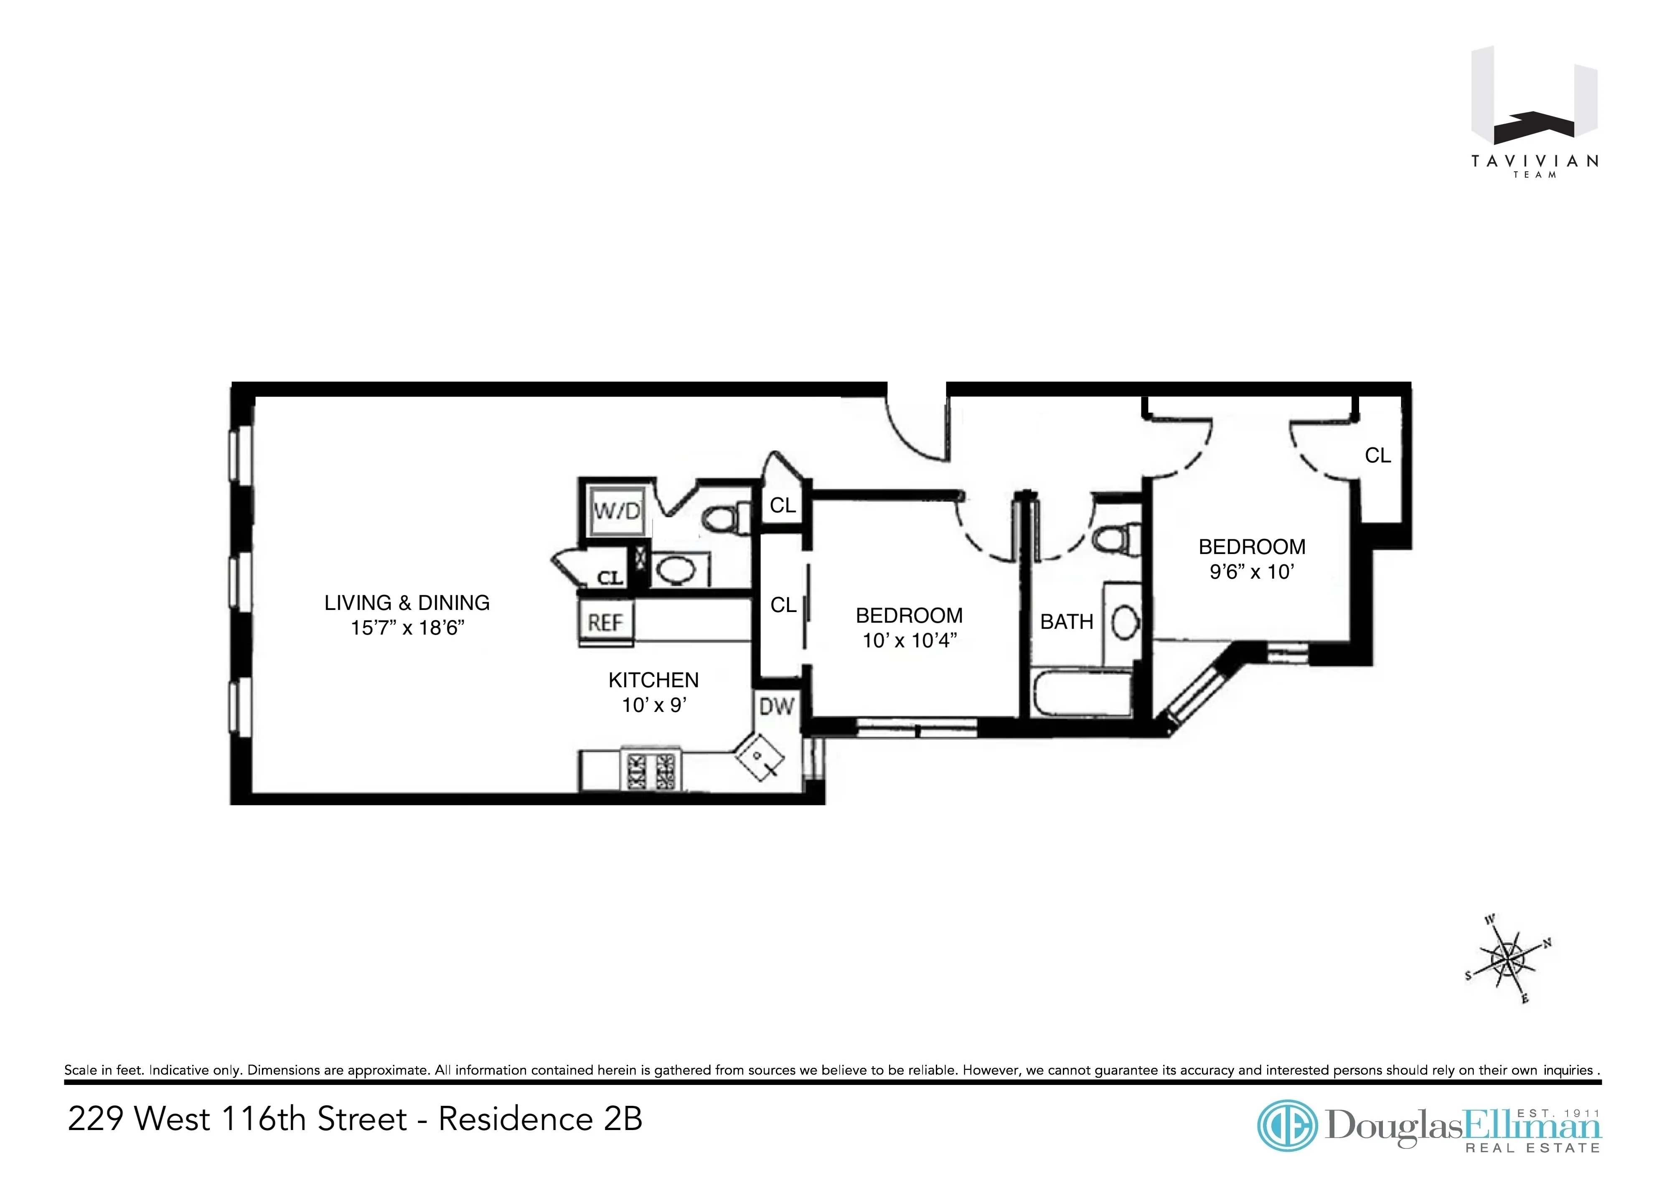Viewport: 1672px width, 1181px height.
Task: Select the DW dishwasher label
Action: (x=776, y=706)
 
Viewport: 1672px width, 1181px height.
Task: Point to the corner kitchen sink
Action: (x=760, y=758)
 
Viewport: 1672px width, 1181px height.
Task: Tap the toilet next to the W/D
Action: (x=724, y=518)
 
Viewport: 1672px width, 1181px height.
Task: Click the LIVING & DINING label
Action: (x=407, y=603)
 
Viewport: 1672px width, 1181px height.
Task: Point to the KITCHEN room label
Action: (x=653, y=680)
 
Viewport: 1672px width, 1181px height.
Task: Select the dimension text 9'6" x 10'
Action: (x=1251, y=572)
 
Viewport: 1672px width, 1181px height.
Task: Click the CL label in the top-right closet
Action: (x=1377, y=456)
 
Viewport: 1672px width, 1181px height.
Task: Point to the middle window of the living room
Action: (x=241, y=581)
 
